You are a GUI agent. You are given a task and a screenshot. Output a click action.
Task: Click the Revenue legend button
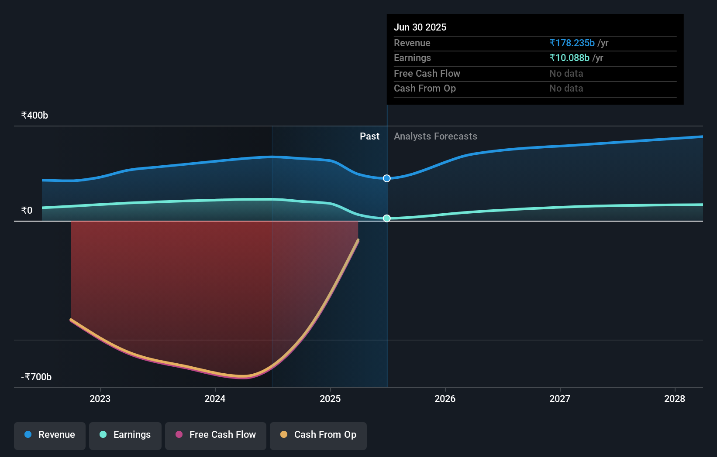tap(50, 435)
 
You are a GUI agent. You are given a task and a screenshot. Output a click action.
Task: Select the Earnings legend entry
tap(125, 435)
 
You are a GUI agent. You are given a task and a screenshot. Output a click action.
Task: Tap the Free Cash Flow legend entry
tap(216, 435)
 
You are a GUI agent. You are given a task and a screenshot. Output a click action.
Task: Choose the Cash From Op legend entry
tap(318, 435)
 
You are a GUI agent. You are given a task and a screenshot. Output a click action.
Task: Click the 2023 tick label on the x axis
tap(100, 399)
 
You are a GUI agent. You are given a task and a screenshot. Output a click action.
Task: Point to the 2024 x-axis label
tap(215, 399)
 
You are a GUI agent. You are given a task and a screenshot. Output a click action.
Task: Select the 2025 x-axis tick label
tap(330, 399)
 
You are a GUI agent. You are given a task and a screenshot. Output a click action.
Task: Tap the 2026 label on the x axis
tap(445, 399)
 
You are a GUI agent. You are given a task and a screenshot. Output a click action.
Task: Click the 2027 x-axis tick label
tap(560, 399)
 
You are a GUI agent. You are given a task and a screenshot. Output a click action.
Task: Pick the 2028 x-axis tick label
tap(675, 399)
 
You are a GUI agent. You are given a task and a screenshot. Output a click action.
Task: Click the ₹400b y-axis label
tap(34, 116)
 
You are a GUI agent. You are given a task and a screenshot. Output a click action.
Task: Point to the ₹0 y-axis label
tap(27, 211)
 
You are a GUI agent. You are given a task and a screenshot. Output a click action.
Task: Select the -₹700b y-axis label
tap(36, 377)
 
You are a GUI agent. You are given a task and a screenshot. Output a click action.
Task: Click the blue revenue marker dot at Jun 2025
tap(387, 178)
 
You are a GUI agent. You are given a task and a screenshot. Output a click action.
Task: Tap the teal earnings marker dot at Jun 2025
tap(387, 218)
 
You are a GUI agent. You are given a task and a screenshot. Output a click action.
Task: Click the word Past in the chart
tap(369, 136)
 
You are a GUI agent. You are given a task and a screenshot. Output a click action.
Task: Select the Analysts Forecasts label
tap(435, 136)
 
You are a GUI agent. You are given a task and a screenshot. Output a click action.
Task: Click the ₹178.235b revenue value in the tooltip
tap(572, 43)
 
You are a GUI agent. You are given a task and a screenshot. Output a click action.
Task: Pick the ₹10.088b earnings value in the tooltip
tap(569, 58)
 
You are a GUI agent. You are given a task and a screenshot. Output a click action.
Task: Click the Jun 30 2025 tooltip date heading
tap(420, 27)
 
